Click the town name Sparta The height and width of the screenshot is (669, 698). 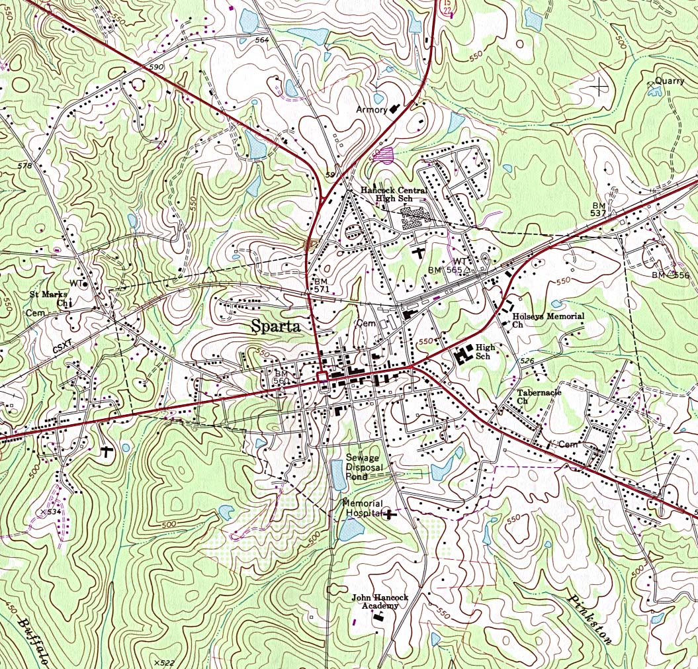[276, 326]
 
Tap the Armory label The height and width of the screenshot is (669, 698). [371, 109]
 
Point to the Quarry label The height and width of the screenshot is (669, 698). [670, 81]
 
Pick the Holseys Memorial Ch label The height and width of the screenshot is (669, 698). [548, 320]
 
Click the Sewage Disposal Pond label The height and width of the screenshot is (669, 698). [363, 467]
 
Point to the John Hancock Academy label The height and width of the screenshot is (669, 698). [380, 602]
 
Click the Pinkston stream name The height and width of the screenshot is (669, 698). [589, 615]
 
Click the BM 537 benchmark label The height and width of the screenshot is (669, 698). [599, 209]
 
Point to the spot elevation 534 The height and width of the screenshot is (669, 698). [50, 512]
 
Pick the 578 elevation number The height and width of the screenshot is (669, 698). [24, 165]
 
